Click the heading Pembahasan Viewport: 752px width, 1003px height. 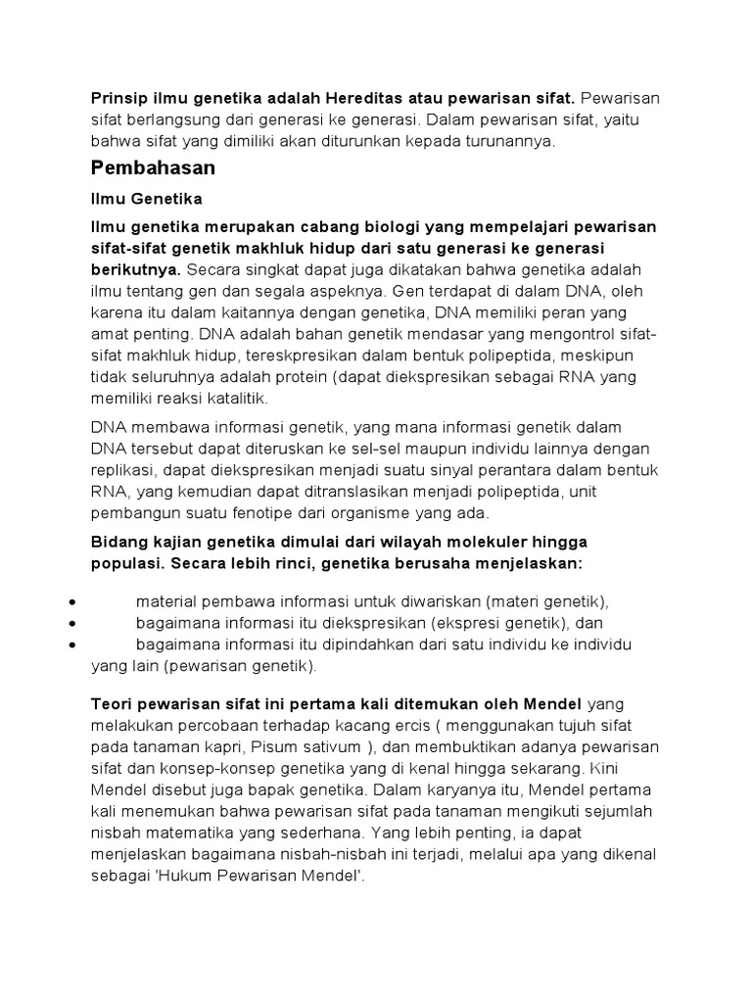[153, 168]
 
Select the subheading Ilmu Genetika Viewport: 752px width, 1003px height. [146, 200]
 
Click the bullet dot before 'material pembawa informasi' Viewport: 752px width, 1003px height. [75, 601]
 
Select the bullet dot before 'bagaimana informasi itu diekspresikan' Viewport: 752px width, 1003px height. [75, 623]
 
